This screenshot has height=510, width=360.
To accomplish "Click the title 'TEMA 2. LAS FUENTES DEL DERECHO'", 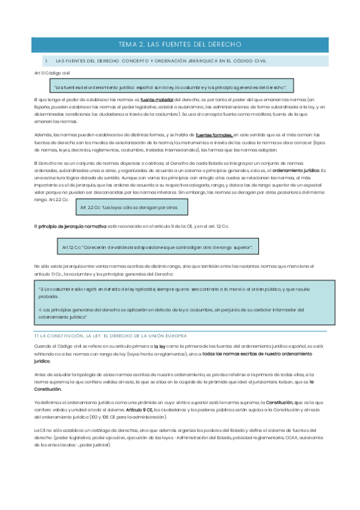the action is pyautogui.click(x=180, y=45).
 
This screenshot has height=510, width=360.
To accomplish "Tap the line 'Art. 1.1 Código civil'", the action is pyautogui.click(x=52, y=73).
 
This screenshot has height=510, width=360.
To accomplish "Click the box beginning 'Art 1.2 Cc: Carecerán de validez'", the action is pyautogui.click(x=156, y=247).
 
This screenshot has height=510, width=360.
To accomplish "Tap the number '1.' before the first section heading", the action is pyautogui.click(x=46, y=61).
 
